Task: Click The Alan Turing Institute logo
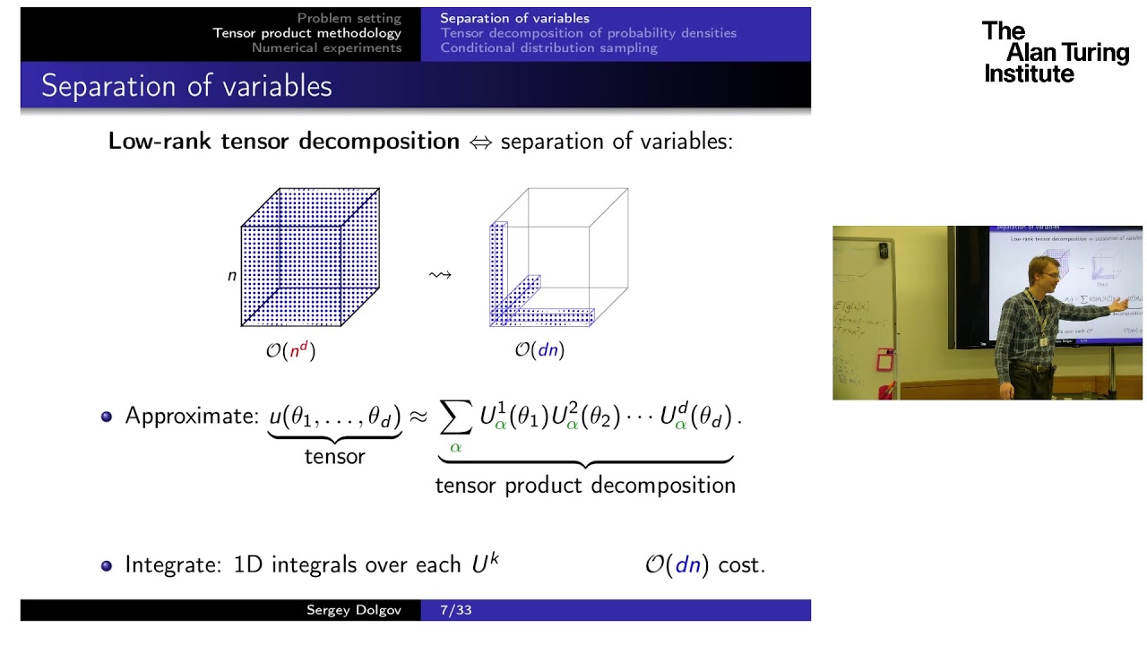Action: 1054,53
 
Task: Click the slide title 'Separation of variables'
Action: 186,86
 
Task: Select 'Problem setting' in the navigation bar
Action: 349,18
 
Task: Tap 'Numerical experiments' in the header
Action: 326,47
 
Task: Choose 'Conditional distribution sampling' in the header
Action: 548,47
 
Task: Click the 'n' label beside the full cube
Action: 232,275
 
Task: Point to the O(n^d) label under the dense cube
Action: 290,350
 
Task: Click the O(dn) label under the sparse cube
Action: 539,350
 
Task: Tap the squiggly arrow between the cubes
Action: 440,275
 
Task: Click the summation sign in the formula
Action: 456,416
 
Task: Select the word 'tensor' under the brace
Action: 334,456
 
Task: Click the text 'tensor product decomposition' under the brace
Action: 585,486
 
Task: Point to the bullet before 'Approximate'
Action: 107,417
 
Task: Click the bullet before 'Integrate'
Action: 107,565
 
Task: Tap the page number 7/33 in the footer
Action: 456,611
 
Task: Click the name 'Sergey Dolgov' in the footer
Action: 353,611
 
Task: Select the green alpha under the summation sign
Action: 455,446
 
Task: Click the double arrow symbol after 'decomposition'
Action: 481,142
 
